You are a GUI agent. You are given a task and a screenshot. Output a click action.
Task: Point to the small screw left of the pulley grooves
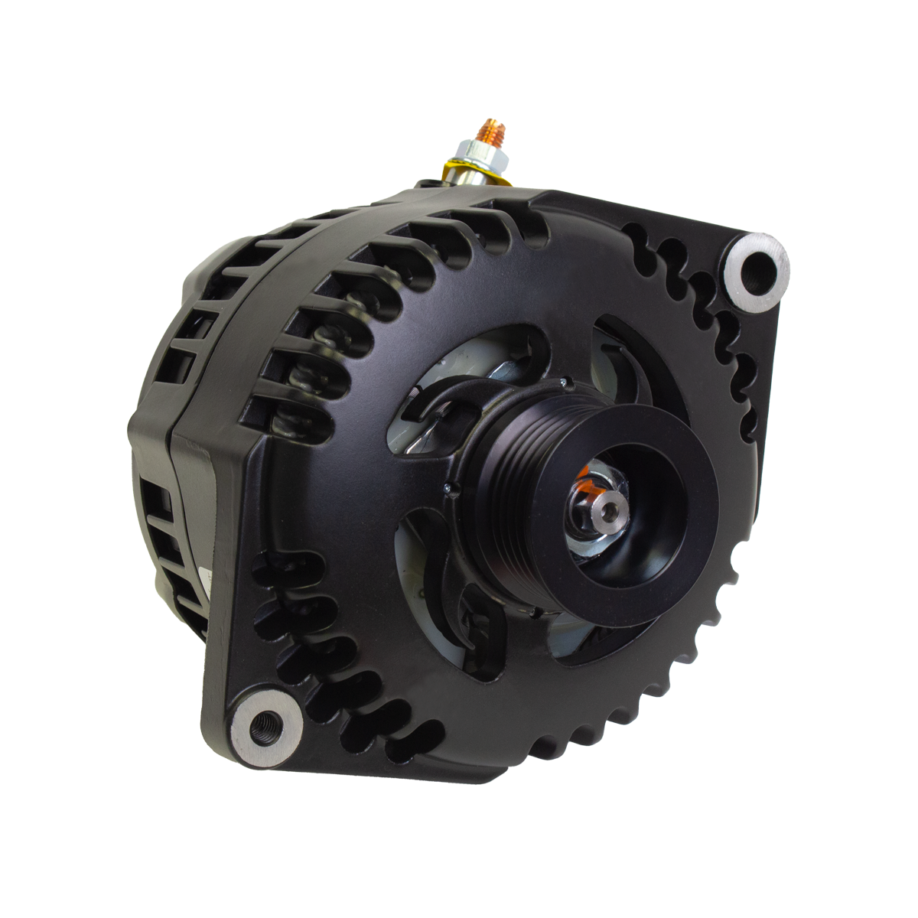(x=445, y=485)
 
